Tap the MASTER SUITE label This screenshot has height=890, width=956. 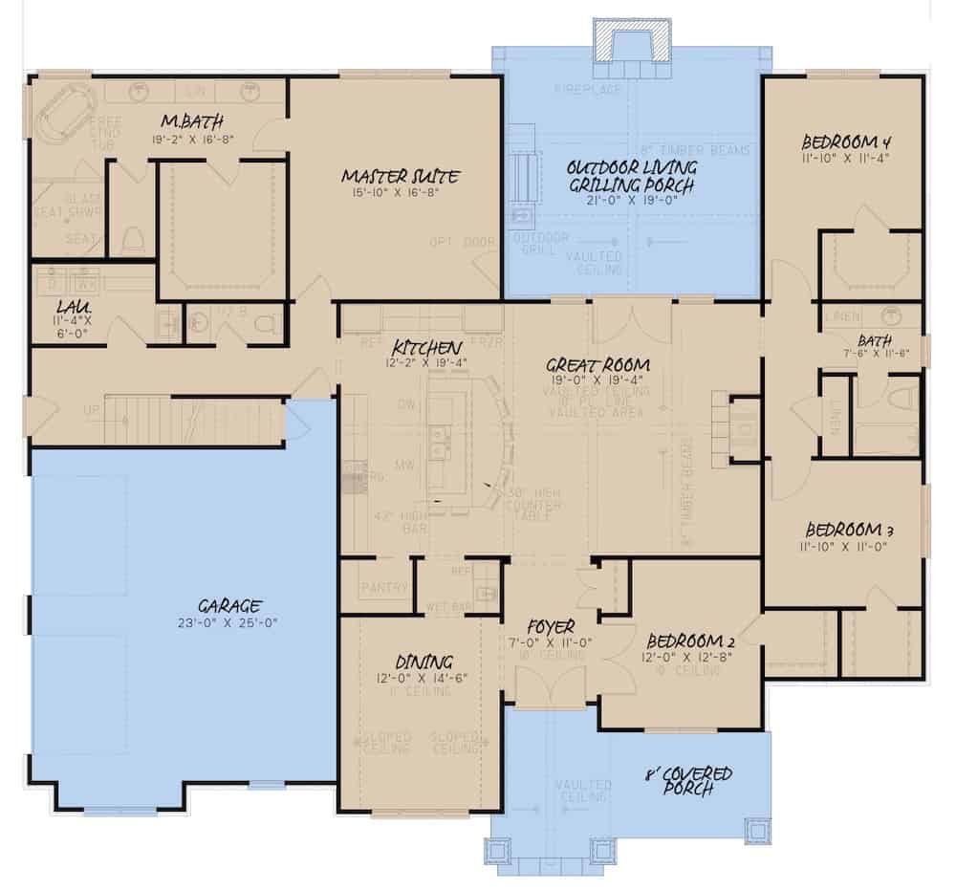pyautogui.click(x=402, y=176)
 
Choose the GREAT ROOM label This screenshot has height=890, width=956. pyautogui.click(x=598, y=364)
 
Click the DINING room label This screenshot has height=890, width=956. pyautogui.click(x=424, y=662)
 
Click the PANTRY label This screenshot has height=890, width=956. pyautogui.click(x=384, y=588)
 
